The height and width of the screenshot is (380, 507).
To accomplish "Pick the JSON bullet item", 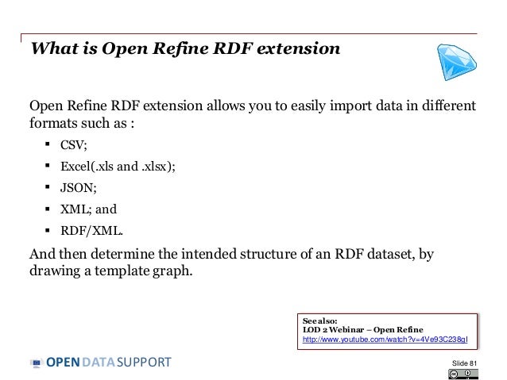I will coord(78,188).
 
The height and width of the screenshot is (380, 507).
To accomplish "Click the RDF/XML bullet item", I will coord(91,232).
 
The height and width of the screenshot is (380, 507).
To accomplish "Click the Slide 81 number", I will coord(464,363).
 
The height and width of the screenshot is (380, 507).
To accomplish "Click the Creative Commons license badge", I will coord(468,374).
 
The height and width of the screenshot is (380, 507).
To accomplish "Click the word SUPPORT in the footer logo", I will coord(144,363).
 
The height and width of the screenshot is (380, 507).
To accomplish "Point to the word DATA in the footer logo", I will coord(99,363).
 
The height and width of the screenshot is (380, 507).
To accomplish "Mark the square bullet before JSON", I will coord(48,187).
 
